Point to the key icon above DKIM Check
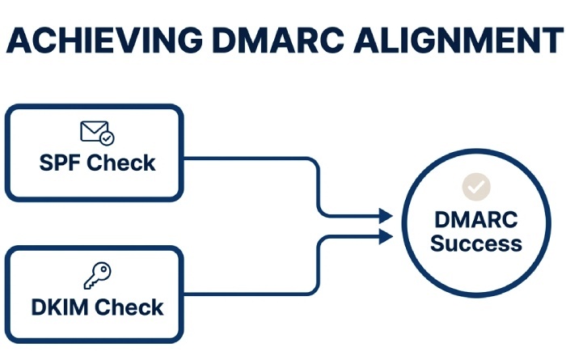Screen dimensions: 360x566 coord(96,277)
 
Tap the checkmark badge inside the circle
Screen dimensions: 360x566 coord(476,187)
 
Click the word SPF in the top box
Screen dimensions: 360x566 coord(61,163)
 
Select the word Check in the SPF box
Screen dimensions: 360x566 coord(121,163)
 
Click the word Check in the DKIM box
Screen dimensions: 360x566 coord(129,307)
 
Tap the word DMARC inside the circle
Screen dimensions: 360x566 coord(475,219)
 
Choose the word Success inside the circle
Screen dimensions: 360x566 coord(475,243)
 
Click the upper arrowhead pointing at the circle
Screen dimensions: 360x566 coord(386,216)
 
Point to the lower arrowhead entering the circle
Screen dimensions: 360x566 coord(386,235)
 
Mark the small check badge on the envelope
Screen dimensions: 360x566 coord(107,138)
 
